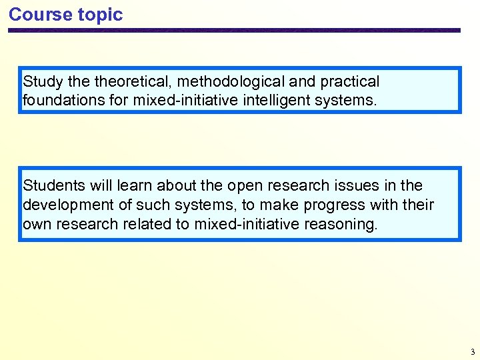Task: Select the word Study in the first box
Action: tap(39, 82)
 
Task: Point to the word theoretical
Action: tap(133, 82)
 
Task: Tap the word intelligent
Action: tap(283, 101)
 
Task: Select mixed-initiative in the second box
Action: tap(247, 224)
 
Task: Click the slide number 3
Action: tap(471, 351)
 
